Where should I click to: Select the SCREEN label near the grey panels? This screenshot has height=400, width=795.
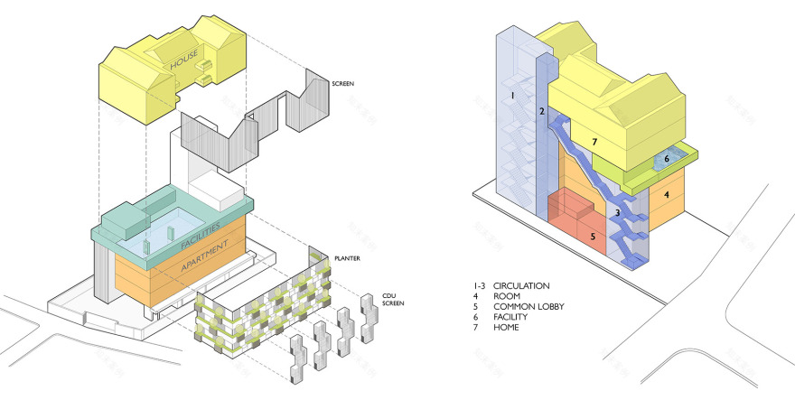[x=343, y=84]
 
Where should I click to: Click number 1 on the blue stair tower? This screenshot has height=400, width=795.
[x=511, y=94]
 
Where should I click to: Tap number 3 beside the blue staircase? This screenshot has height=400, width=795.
[x=618, y=213]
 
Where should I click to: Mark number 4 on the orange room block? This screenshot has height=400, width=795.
[x=666, y=193]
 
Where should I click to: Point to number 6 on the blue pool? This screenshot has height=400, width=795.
[x=666, y=159]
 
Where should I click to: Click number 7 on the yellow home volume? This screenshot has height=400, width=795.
[x=594, y=142]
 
